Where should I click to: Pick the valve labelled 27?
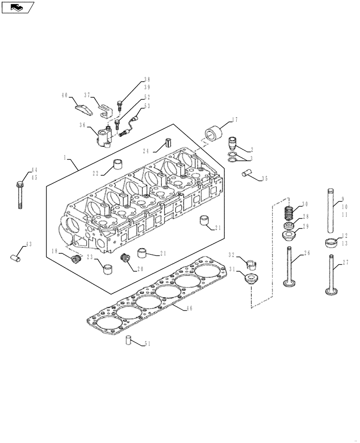click(332, 275)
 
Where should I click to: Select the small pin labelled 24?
click(168, 144)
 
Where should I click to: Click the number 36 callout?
click(83, 125)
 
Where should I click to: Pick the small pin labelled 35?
click(247, 173)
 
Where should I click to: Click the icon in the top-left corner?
click(18, 7)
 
